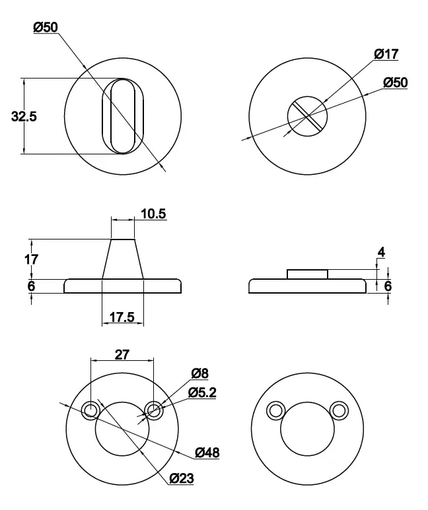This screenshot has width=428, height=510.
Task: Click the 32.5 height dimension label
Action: coord(24,116)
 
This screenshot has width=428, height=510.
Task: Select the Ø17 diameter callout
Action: coord(386,54)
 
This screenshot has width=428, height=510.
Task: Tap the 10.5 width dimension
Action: coord(153,214)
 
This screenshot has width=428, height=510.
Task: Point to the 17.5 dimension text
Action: coord(122,317)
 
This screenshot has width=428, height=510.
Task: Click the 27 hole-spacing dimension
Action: coord(122,354)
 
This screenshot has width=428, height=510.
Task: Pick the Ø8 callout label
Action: coord(199,373)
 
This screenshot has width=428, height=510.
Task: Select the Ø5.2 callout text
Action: coord(202,393)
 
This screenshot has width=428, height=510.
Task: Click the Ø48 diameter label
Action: coord(207,453)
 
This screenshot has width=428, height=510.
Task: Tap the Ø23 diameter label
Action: coord(182,478)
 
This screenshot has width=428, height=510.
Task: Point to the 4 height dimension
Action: coord(380,252)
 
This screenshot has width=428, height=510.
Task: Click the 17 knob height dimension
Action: coord(31,259)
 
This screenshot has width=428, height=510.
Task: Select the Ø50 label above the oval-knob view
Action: coord(46,27)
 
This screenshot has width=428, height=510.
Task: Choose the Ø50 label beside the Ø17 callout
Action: coord(395,82)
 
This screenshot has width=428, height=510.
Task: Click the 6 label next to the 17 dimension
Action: coord(31,286)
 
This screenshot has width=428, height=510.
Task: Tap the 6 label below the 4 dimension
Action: coord(388,286)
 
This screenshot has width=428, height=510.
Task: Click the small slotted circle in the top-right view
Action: coord(307,115)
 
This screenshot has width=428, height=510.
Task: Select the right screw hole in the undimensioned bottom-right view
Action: coord(339,410)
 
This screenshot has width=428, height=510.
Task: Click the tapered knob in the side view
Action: coord(123,259)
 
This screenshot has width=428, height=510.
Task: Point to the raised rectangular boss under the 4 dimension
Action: coord(307,274)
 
